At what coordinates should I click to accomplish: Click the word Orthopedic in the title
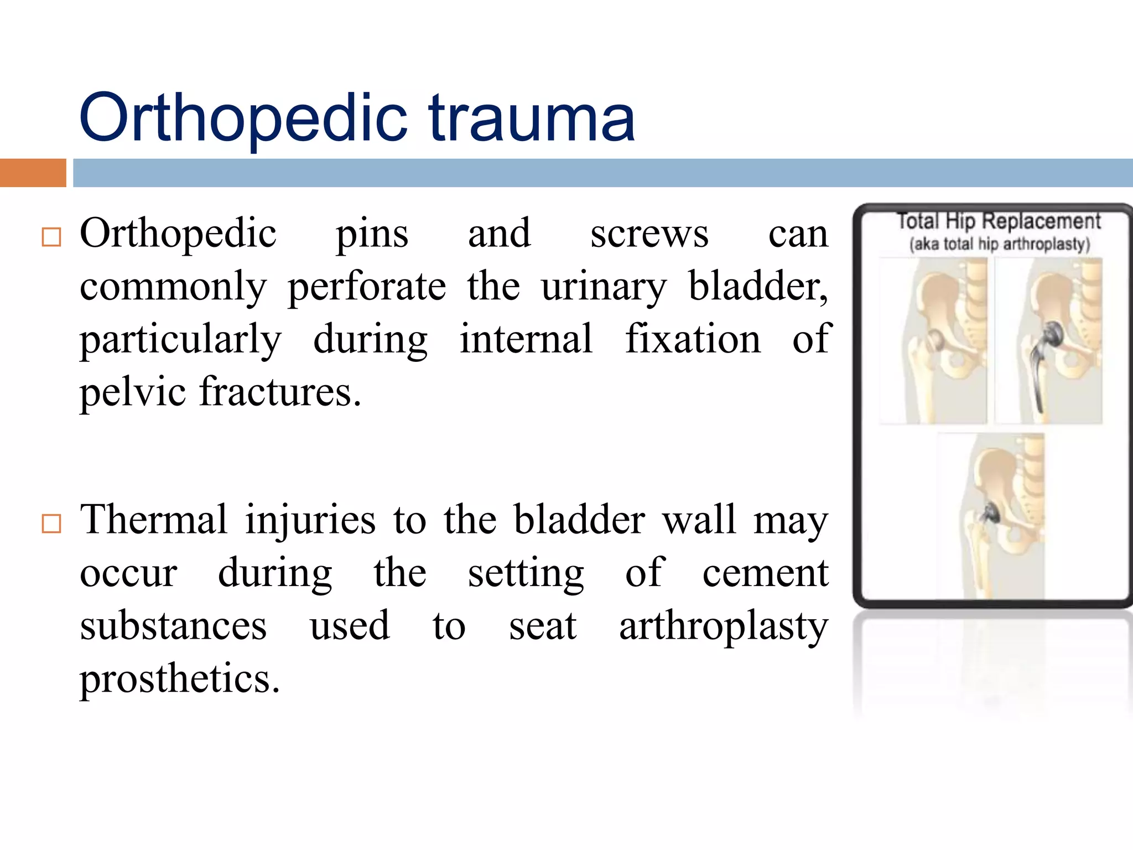point(243,117)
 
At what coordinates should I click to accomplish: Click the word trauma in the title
point(531,117)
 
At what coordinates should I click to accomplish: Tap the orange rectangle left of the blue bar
point(33,173)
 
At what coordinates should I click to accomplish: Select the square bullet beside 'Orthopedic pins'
point(51,237)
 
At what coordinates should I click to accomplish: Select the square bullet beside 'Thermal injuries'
point(51,523)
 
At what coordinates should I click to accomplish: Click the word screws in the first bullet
point(649,234)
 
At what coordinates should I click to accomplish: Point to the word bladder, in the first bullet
point(758,287)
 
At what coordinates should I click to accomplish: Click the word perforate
point(367,287)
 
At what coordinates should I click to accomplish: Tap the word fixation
point(693,339)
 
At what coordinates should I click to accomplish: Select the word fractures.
point(280,392)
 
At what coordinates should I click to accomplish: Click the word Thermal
point(154,520)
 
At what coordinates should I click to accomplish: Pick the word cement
point(765,573)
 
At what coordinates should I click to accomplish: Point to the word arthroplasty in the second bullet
point(724,626)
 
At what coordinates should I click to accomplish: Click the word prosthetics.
point(180,678)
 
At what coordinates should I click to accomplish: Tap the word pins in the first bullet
point(372,234)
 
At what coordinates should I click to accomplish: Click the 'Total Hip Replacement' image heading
point(999,221)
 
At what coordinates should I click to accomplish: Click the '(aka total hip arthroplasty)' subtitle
point(1000,244)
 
